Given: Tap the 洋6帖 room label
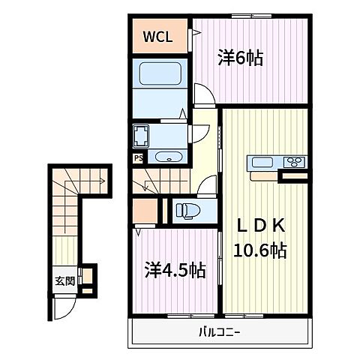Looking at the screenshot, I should click(241, 58).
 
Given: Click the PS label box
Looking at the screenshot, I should click(138, 157).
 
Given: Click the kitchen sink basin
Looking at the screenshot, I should click(264, 163).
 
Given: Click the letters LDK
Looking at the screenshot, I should click(262, 224).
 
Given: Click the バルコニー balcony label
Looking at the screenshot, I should click(222, 331).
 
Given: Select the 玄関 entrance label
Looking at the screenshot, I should click(64, 282).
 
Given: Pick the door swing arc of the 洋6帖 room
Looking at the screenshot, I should click(203, 94).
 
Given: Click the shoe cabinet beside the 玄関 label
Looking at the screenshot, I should click(87, 278).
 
